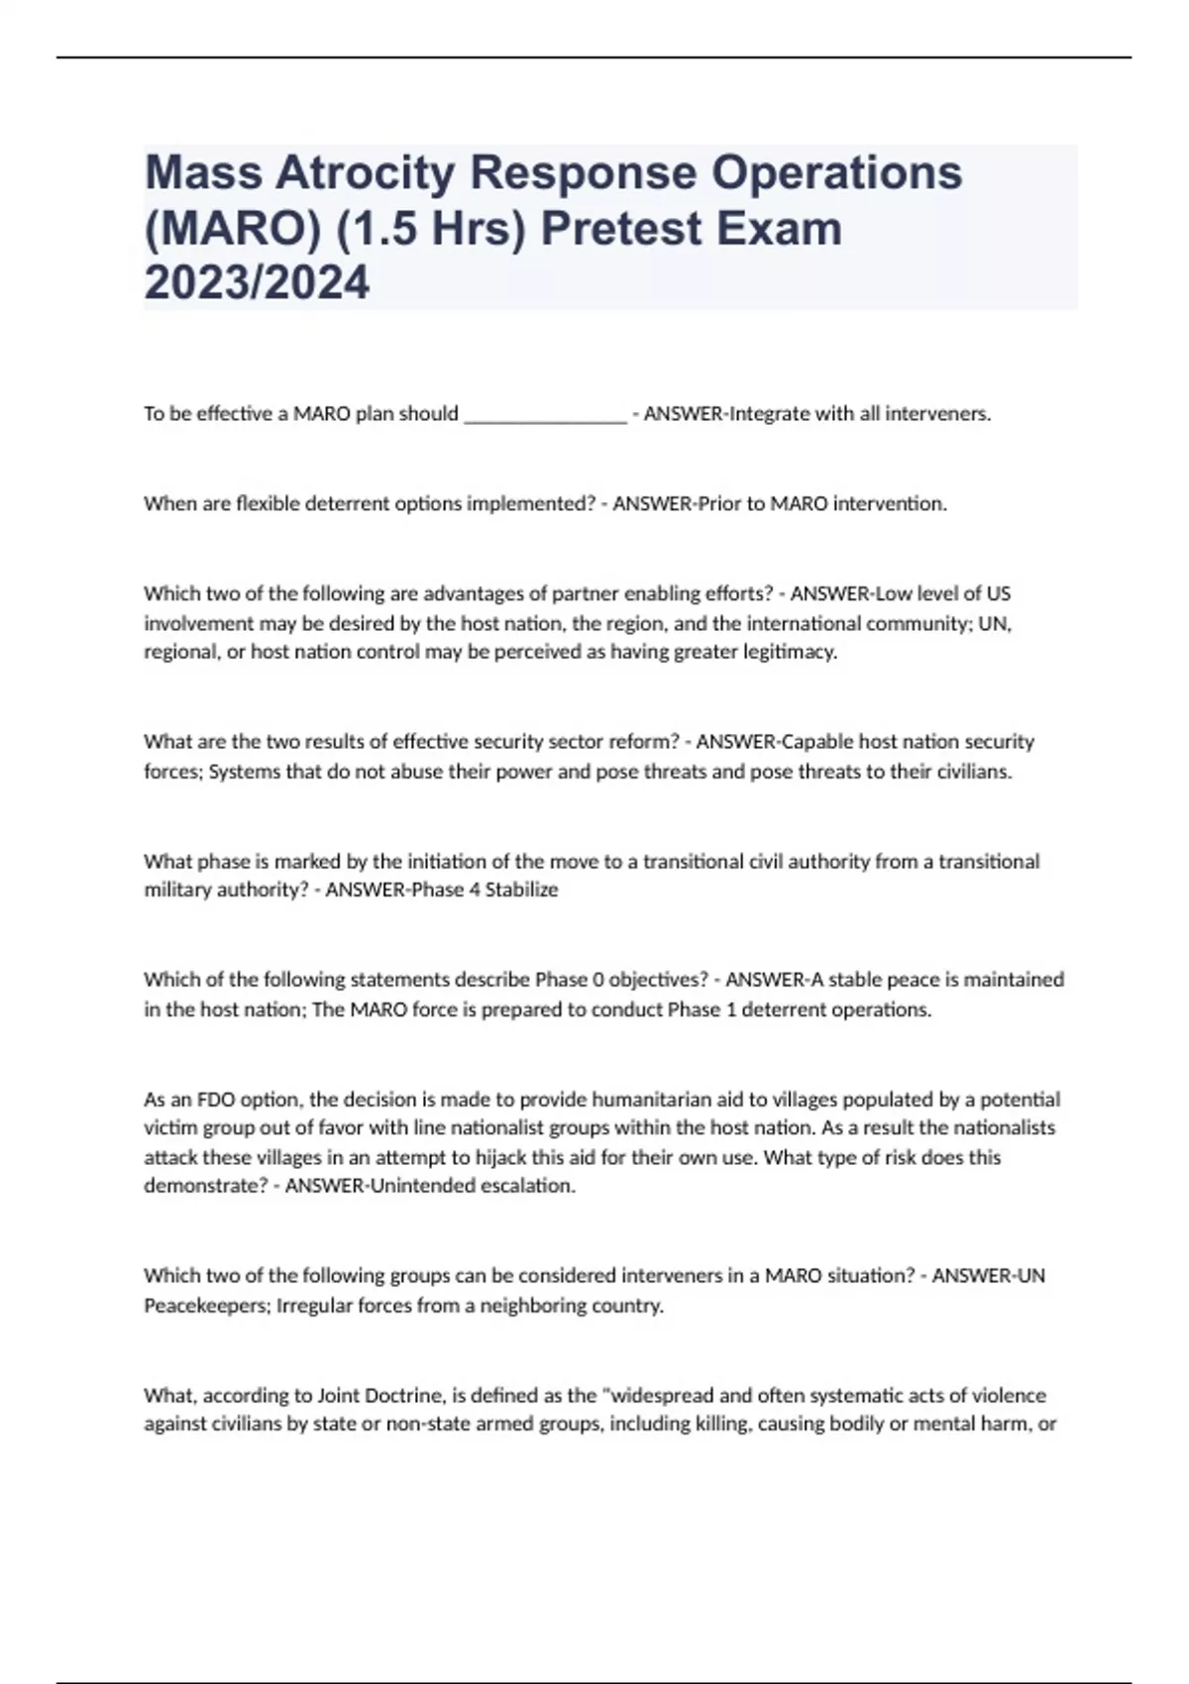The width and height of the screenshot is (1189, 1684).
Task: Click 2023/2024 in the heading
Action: click(x=257, y=283)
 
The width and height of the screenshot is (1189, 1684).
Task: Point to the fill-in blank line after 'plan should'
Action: click(x=545, y=415)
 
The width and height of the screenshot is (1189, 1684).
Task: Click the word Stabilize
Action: click(x=521, y=891)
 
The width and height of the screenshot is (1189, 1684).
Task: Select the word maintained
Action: click(x=1014, y=980)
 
